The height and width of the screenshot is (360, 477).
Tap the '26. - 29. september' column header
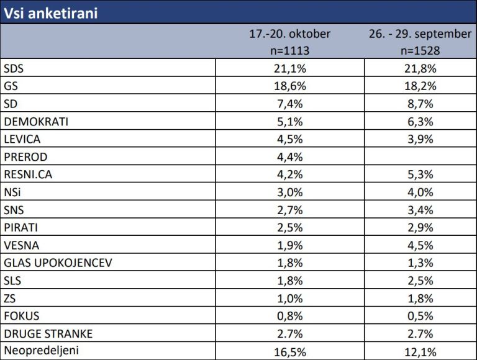coord(420,34)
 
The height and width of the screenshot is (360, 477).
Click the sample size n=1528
coord(420,50)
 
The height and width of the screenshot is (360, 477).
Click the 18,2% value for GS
coord(420,86)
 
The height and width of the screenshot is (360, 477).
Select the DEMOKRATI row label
coord(35,122)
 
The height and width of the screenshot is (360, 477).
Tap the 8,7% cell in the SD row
coord(420,104)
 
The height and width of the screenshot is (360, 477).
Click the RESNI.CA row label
coord(29,174)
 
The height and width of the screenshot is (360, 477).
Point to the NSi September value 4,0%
coord(420,192)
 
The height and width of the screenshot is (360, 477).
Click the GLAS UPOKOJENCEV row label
coord(57,263)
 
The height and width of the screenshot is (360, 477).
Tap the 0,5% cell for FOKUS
coord(420,316)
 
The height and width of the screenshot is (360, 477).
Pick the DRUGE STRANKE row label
coord(48,334)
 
